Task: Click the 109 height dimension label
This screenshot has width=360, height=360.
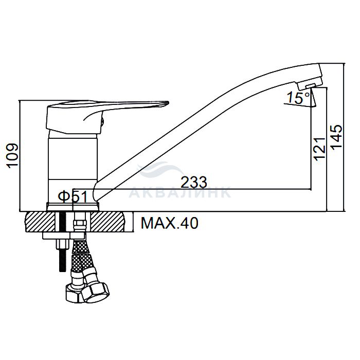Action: click(13, 156)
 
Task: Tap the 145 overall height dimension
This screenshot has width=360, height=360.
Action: click(336, 137)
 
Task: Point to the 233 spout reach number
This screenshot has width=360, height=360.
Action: click(194, 182)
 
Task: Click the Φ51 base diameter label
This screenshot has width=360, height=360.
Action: click(73, 196)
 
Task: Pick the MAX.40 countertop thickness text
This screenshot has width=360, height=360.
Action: click(169, 223)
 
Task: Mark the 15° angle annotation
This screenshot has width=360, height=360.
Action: click(298, 98)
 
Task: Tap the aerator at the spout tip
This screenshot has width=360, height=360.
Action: click(310, 86)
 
